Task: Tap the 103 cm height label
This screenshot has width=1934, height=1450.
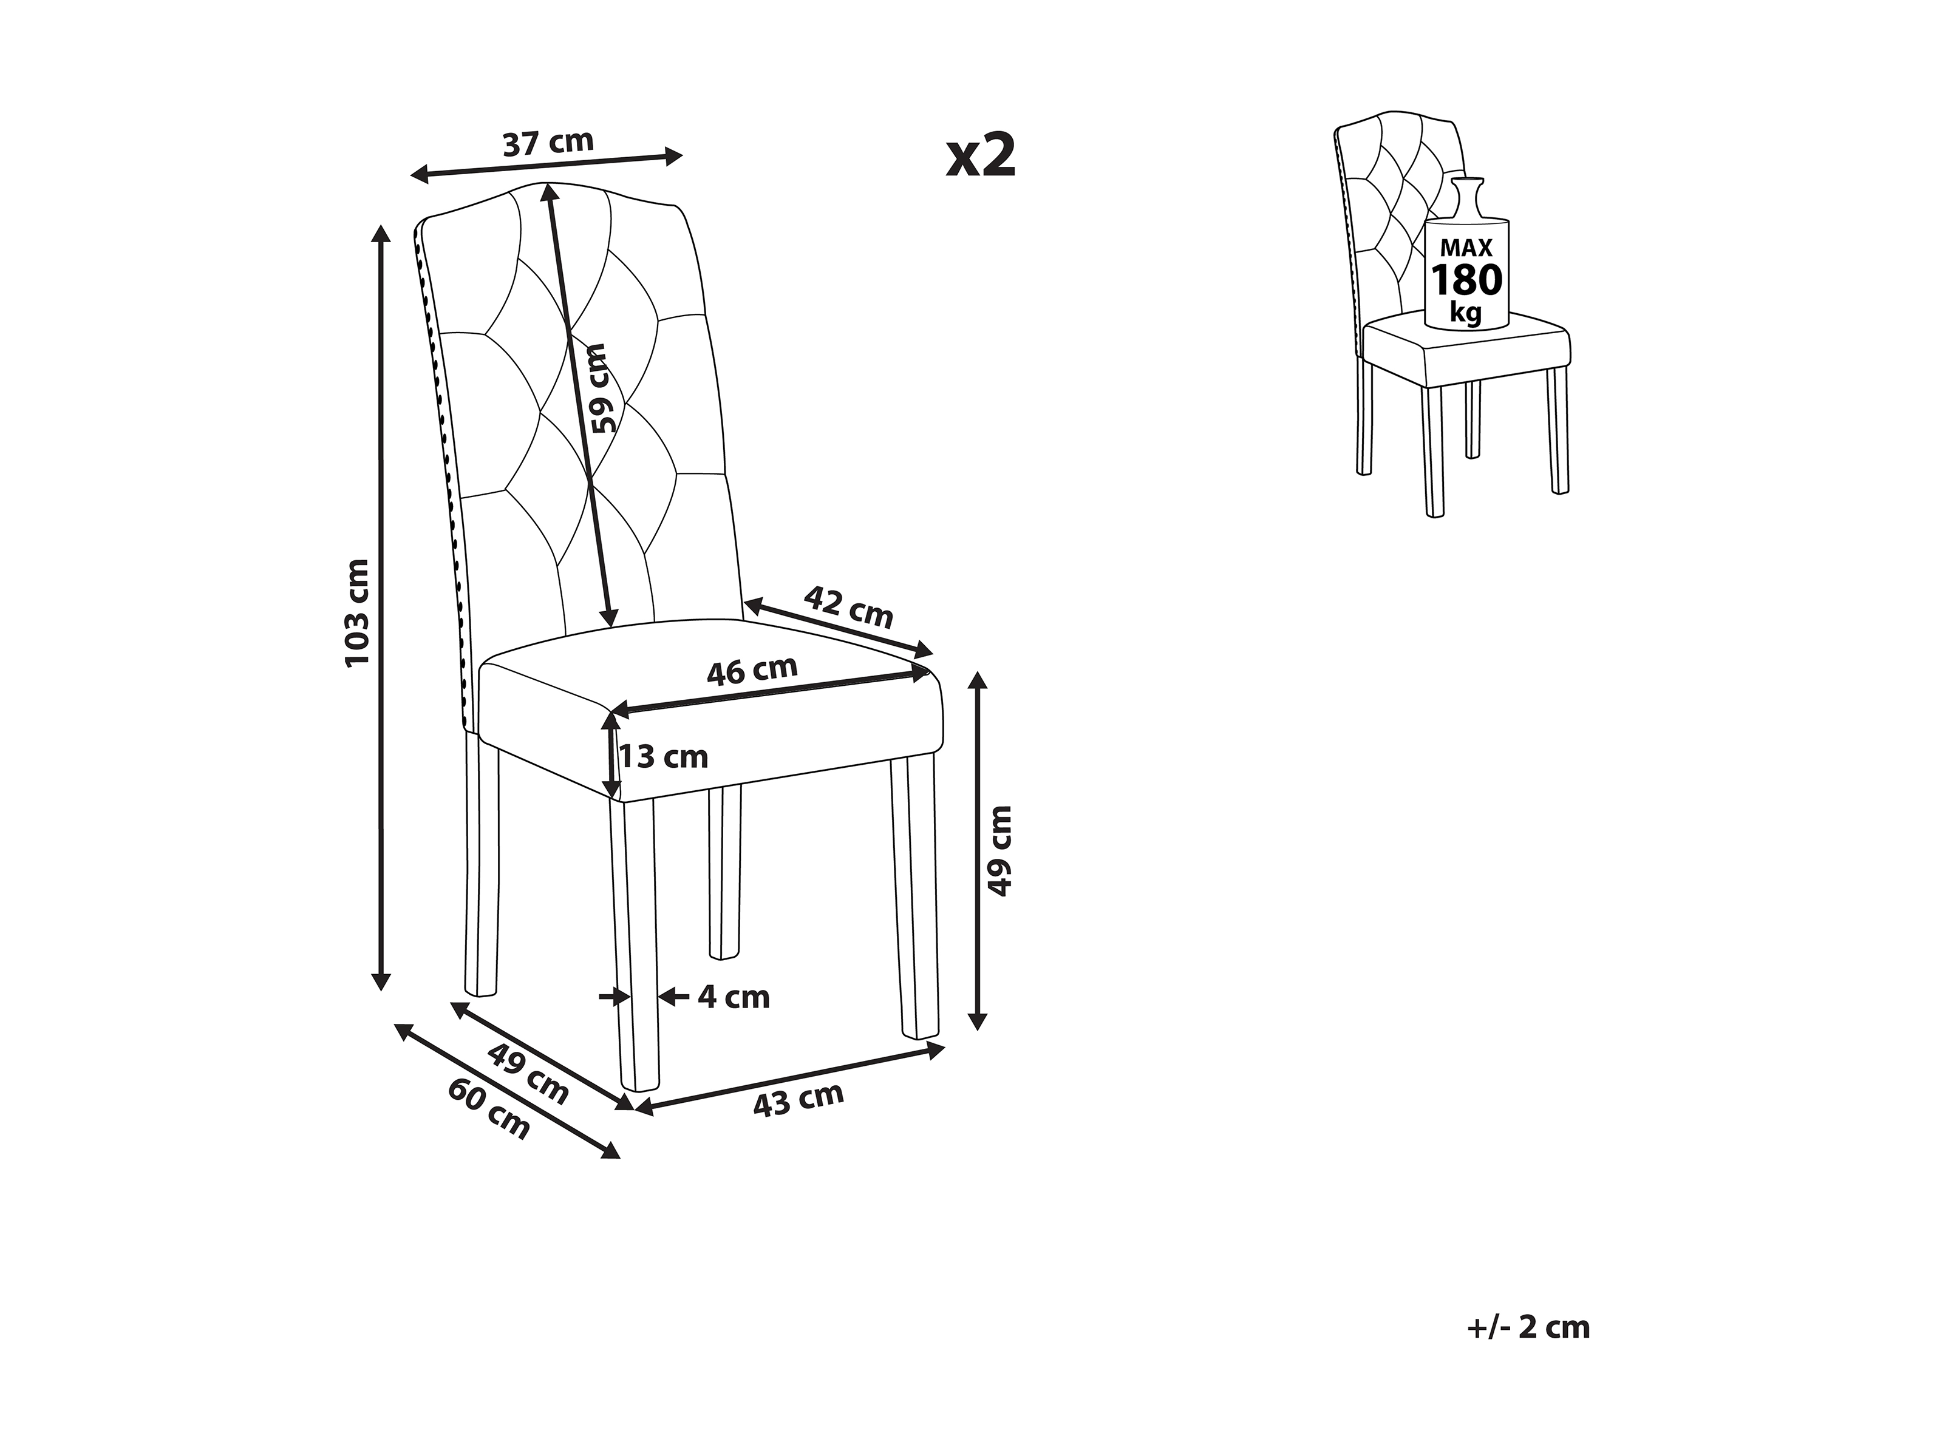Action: click(x=358, y=612)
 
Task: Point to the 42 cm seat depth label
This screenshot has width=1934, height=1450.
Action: click(x=848, y=606)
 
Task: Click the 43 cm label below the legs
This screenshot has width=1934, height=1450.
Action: click(x=798, y=1100)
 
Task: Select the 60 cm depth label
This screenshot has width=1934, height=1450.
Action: click(x=489, y=1109)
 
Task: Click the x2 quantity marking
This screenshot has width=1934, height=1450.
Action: click(x=981, y=155)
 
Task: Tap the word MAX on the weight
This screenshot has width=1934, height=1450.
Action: click(x=1466, y=249)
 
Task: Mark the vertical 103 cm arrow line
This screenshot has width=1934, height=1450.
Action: click(x=380, y=608)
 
